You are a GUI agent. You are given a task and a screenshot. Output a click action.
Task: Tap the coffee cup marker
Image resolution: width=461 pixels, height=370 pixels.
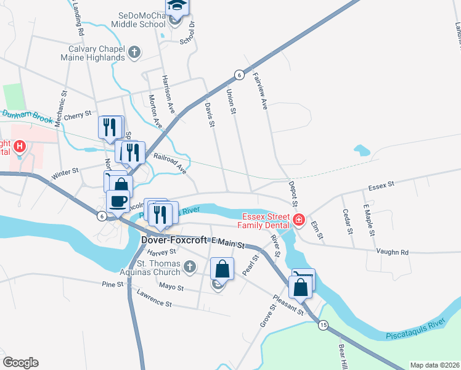(118, 200)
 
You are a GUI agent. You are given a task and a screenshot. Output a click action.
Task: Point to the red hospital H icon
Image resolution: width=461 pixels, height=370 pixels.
(20, 147)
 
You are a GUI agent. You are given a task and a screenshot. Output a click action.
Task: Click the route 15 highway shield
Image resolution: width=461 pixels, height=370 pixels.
(323, 324)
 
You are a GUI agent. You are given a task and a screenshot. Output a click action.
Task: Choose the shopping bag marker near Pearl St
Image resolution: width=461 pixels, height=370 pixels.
(222, 269)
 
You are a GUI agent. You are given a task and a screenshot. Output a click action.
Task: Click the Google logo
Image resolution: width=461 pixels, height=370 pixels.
(20, 363)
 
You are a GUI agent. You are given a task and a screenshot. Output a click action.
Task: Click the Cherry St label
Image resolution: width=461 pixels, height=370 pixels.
(77, 114)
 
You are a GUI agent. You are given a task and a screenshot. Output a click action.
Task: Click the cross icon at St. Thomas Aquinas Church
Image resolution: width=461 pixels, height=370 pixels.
(190, 267)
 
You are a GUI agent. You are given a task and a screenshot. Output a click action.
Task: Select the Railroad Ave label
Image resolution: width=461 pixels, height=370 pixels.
(169, 163)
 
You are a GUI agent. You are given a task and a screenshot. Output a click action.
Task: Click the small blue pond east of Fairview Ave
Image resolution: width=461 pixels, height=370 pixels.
(362, 150)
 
